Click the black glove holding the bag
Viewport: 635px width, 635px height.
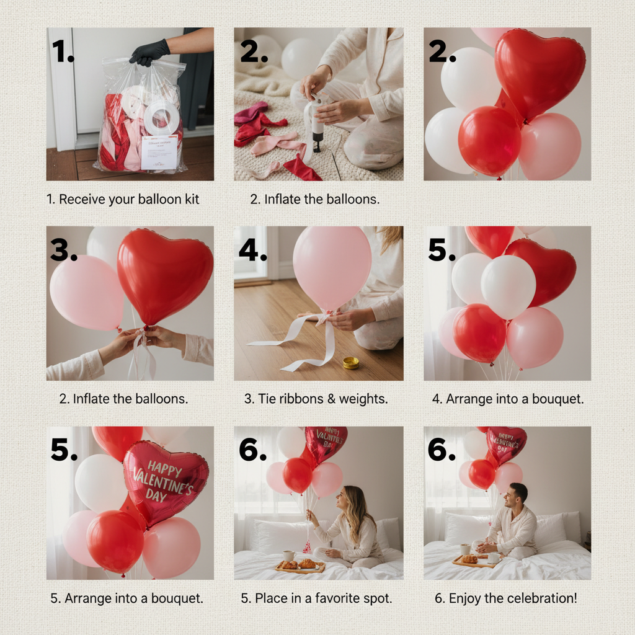[x=149, y=52]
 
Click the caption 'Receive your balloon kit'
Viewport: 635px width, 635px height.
[x=123, y=200]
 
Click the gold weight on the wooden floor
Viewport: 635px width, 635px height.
[x=351, y=362]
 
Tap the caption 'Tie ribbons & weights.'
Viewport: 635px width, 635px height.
[x=316, y=399]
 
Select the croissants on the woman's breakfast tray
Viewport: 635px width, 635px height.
[x=298, y=564]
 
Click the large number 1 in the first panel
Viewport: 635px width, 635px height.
[x=63, y=52]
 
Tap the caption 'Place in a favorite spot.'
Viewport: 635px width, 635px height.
[x=316, y=598]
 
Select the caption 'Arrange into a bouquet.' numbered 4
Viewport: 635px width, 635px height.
[x=508, y=399]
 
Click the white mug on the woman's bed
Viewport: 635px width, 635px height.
[x=289, y=555]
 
